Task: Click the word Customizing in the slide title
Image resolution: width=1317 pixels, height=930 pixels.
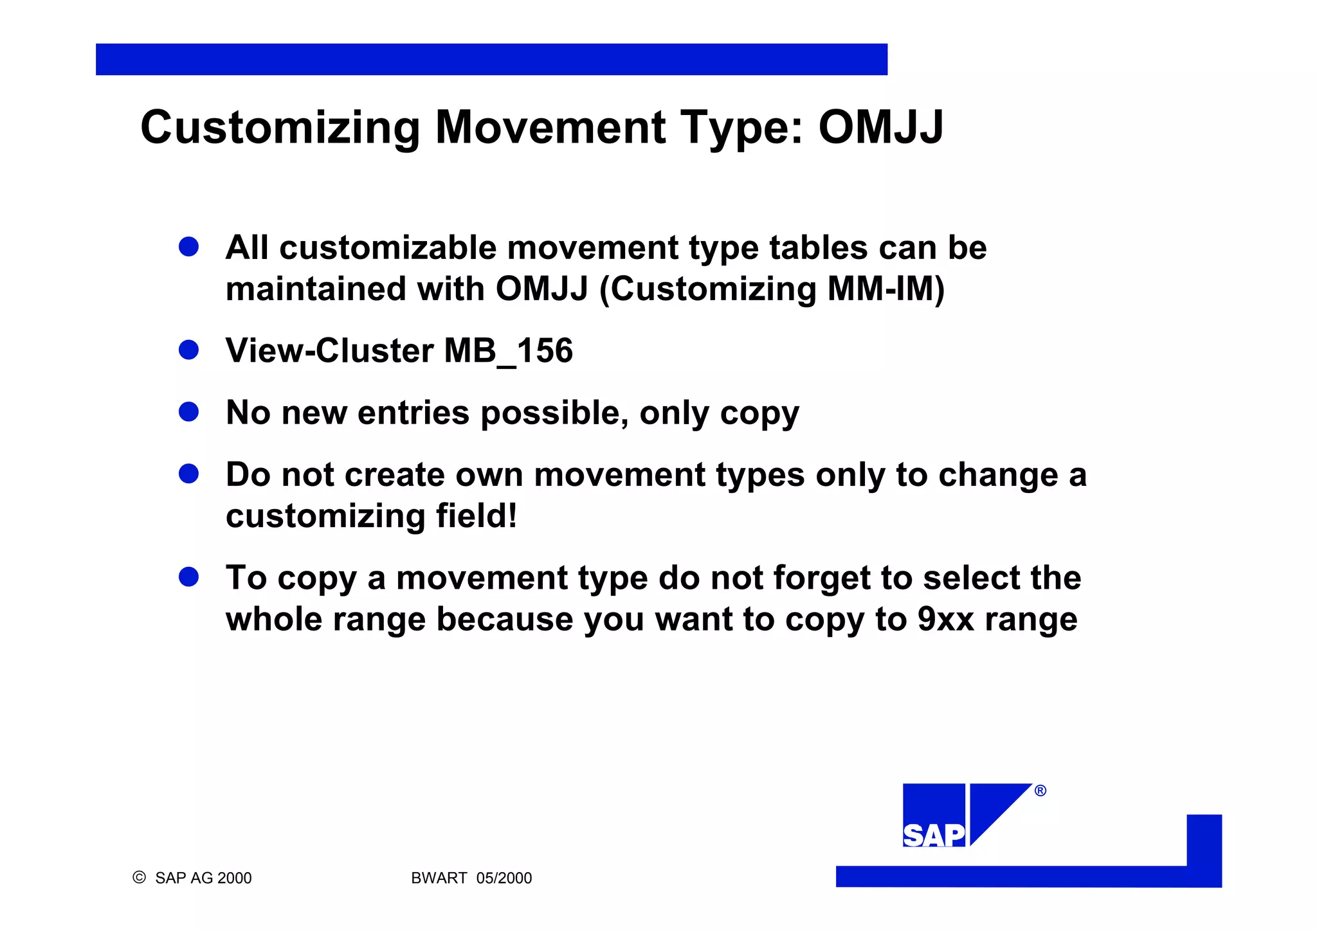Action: pos(280,127)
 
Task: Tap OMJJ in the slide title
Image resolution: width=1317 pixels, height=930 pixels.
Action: pos(880,127)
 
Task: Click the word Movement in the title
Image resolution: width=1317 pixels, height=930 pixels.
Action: pos(550,127)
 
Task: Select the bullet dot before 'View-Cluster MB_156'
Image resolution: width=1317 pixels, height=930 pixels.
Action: pos(188,350)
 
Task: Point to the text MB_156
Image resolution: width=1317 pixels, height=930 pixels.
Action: pos(508,351)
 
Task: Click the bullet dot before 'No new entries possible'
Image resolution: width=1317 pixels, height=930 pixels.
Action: pos(188,412)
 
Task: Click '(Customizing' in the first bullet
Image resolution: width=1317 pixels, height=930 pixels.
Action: pos(707,289)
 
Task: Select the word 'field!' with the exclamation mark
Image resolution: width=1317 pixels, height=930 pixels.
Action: pos(477,515)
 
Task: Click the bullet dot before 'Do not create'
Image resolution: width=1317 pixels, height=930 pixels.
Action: pos(188,474)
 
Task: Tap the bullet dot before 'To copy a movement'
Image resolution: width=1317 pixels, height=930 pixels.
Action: pos(188,577)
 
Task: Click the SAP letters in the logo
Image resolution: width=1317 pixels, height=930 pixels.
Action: pos(933,835)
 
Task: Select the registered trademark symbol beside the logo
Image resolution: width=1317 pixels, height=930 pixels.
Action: pos(1040,791)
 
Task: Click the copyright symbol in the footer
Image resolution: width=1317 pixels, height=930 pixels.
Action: pos(139,877)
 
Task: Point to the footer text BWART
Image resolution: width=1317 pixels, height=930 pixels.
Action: pos(439,878)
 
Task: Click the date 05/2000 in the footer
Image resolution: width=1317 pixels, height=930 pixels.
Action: pos(504,878)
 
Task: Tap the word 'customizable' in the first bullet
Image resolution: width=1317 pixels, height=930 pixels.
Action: pos(388,248)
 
